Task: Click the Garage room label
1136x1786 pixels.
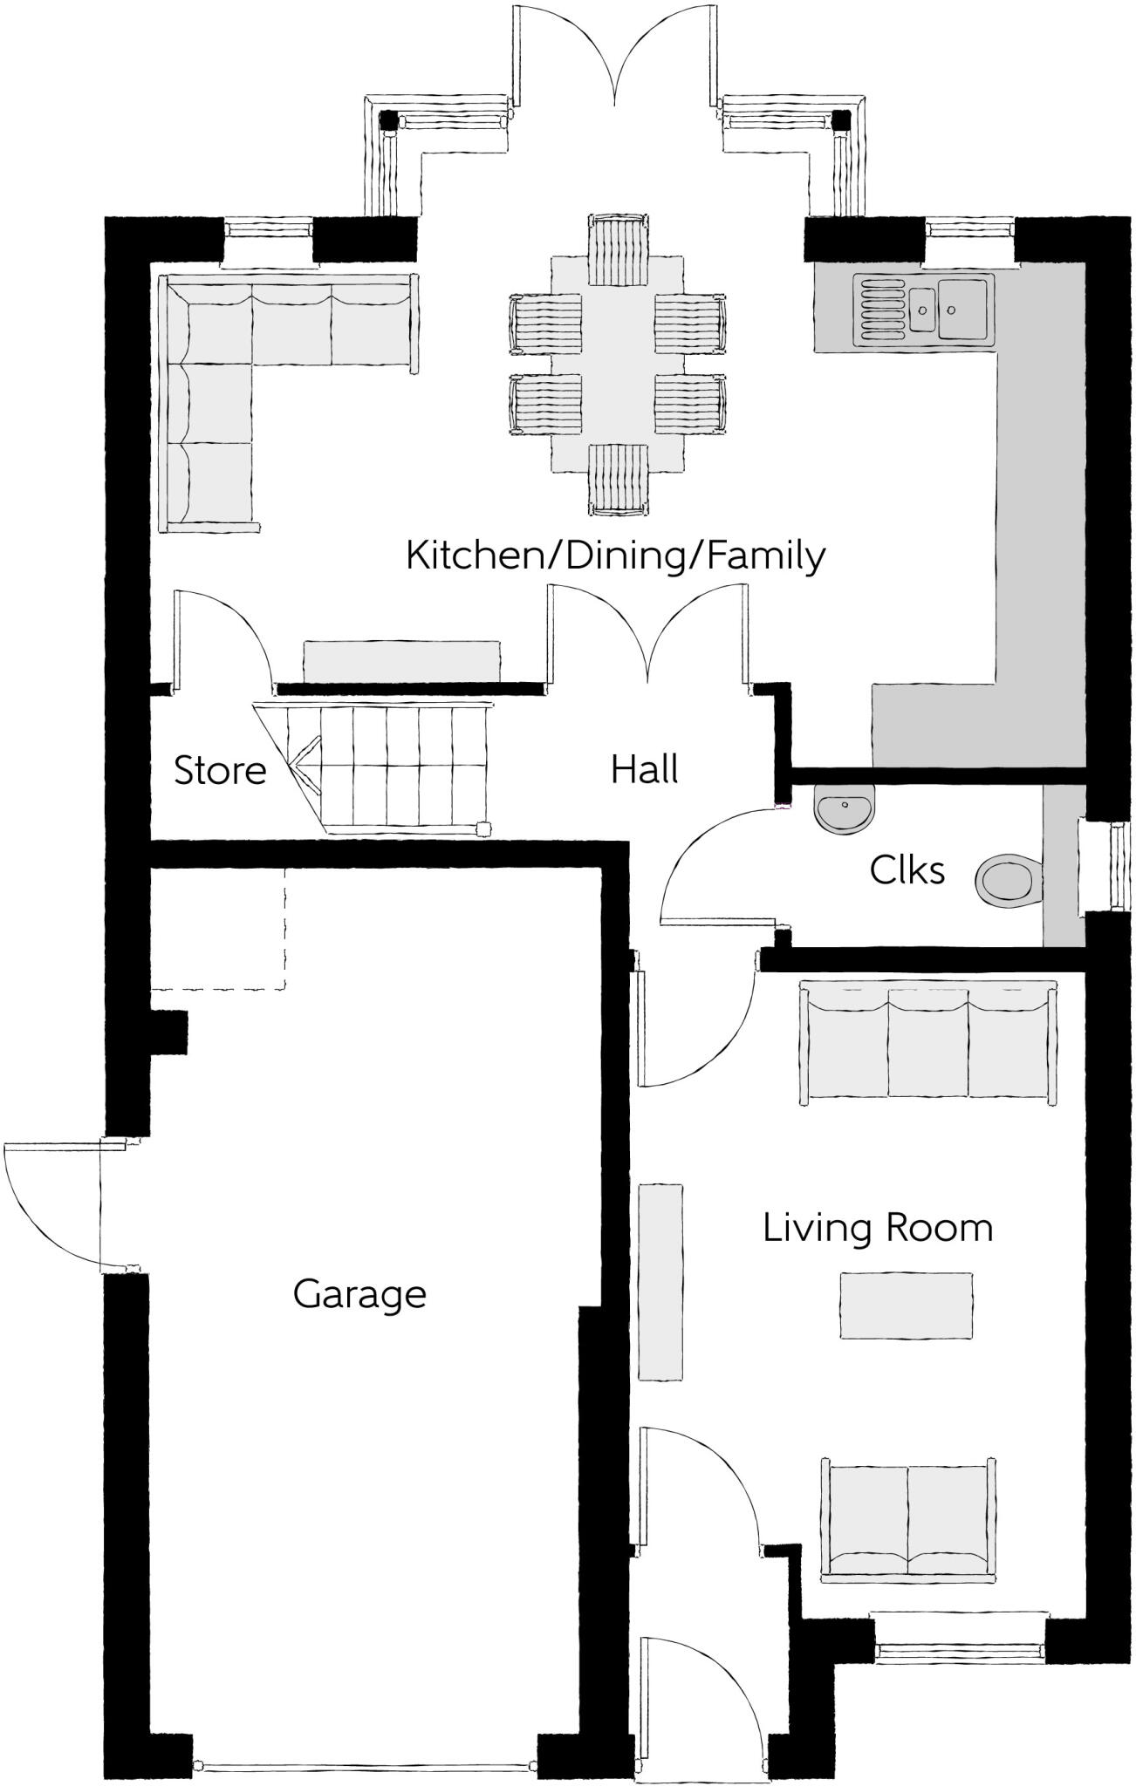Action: tap(359, 1295)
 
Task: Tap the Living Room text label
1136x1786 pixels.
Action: tap(878, 1228)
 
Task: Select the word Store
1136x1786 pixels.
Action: tap(220, 771)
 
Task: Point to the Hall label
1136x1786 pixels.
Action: tap(644, 770)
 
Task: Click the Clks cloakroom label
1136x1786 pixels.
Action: tap(907, 870)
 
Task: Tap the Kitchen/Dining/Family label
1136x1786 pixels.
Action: tap(615, 556)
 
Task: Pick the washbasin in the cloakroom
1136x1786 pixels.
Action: tap(844, 807)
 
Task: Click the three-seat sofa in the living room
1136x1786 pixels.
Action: tap(928, 1041)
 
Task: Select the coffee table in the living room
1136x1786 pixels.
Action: tap(906, 1305)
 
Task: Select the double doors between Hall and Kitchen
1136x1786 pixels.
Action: tap(647, 637)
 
